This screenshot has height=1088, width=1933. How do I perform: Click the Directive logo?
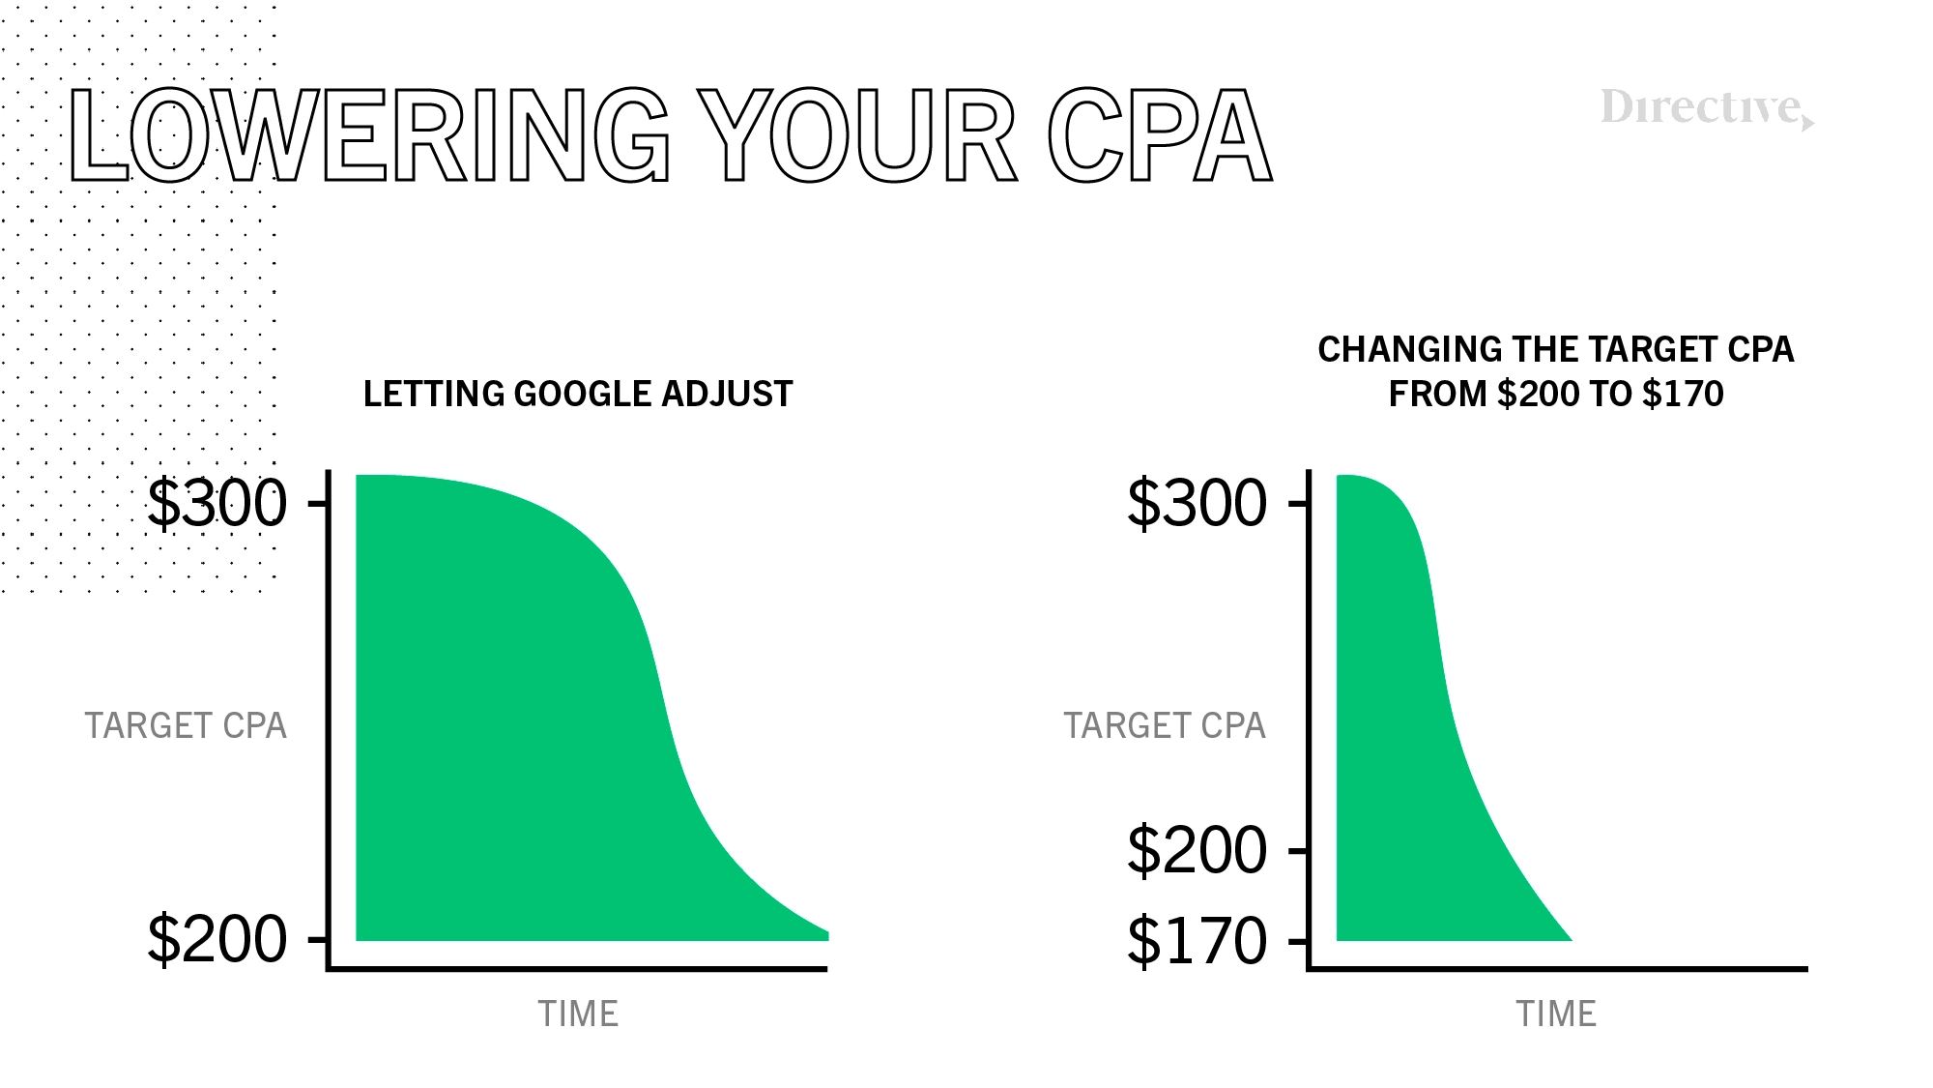pyautogui.click(x=1708, y=108)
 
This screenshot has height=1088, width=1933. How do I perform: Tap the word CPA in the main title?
pyautogui.click(x=1160, y=135)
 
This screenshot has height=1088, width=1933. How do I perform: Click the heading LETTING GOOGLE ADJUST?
pyautogui.click(x=578, y=394)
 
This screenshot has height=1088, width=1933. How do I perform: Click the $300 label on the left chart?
pyautogui.click(x=216, y=503)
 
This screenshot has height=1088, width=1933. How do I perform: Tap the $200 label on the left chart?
pyautogui.click(x=216, y=938)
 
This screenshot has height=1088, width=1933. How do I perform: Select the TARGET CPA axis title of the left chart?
pyautogui.click(x=186, y=725)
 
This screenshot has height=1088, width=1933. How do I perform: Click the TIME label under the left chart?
pyautogui.click(x=578, y=1014)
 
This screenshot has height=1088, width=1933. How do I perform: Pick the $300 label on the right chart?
pyautogui.click(x=1197, y=503)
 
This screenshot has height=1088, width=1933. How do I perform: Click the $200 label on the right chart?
pyautogui.click(x=1197, y=850)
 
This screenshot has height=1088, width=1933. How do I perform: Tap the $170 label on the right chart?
pyautogui.click(x=1197, y=940)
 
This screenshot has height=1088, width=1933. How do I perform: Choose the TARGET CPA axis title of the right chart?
pyautogui.click(x=1165, y=725)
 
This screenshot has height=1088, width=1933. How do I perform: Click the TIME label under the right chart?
pyautogui.click(x=1556, y=1014)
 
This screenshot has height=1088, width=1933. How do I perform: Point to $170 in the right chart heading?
pyautogui.click(x=1683, y=394)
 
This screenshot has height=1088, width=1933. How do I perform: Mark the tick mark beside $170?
pyautogui.click(x=1299, y=940)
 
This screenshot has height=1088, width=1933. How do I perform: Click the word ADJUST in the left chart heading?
pyautogui.click(x=727, y=394)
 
